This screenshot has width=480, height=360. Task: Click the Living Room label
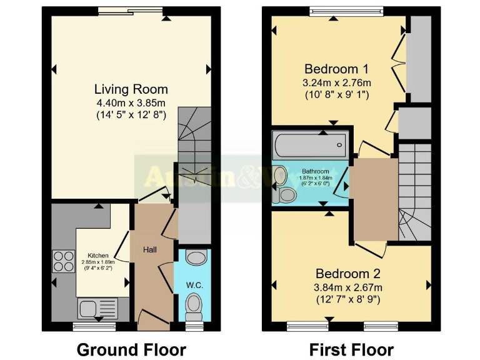[131, 89]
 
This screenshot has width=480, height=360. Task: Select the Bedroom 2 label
[348, 274]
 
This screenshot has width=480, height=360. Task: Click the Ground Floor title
[131, 349]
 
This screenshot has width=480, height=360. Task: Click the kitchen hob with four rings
[63, 260]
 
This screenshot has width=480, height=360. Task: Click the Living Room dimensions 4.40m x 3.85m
[131, 102]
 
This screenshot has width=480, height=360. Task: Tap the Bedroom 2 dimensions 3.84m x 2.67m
[348, 287]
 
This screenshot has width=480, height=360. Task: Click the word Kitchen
[99, 256]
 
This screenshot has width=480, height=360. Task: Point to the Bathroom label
[315, 171]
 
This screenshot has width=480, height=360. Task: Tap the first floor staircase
[415, 187]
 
